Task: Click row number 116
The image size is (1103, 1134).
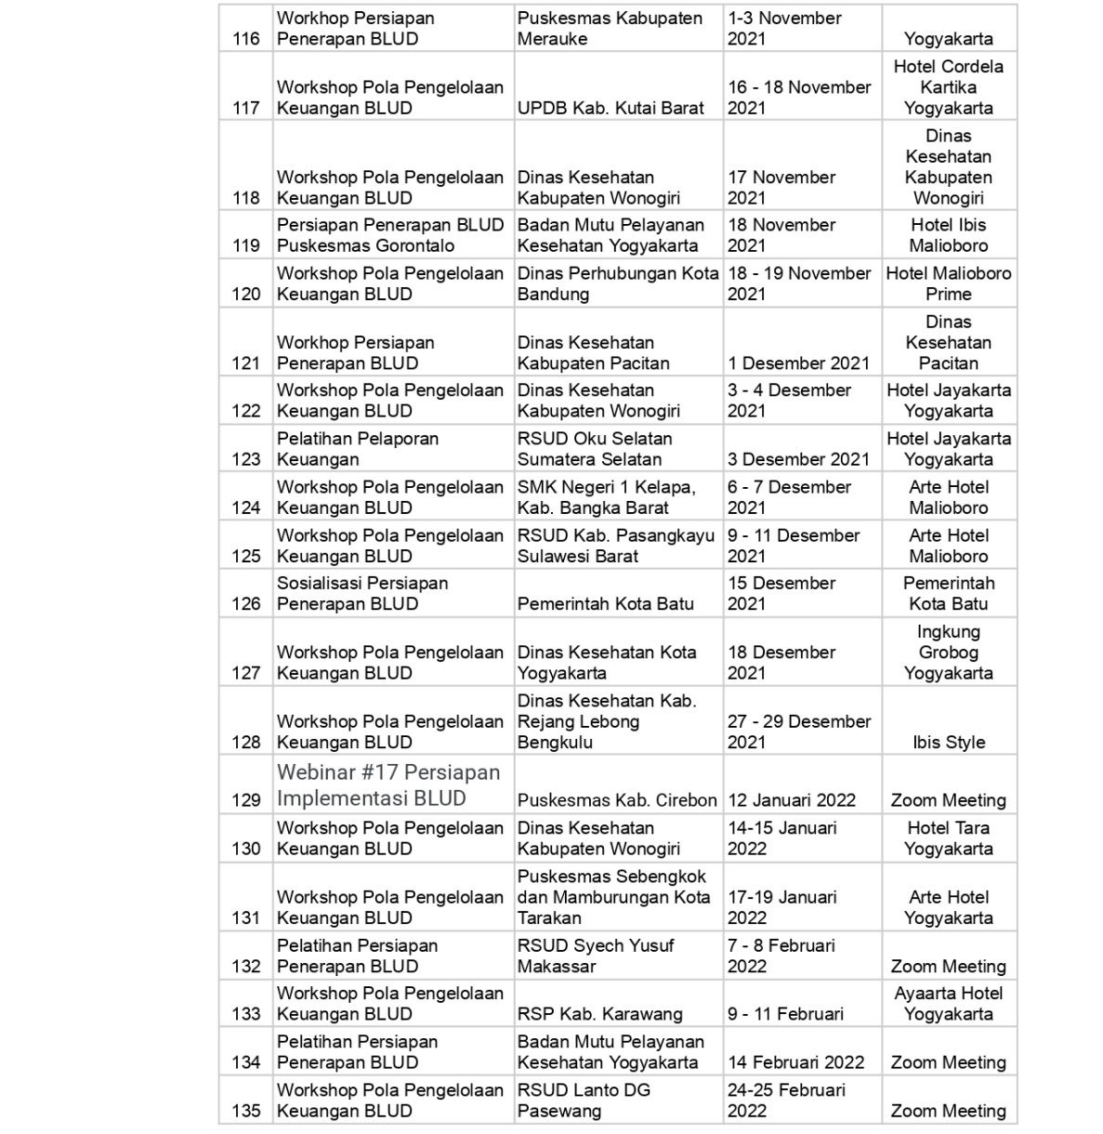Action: (x=245, y=39)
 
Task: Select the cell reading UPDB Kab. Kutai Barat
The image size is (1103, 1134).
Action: (x=611, y=108)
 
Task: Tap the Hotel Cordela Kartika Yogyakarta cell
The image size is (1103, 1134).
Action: (x=948, y=87)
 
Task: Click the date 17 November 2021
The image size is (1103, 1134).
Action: (x=781, y=187)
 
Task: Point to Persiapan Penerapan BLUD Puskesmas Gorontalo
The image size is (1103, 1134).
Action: (x=390, y=235)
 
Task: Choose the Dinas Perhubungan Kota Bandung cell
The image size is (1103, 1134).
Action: (x=618, y=283)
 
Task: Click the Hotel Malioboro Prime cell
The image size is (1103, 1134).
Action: (x=948, y=283)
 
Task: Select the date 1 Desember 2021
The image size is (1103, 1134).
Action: (x=798, y=363)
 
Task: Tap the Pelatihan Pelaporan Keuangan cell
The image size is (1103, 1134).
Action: (x=358, y=449)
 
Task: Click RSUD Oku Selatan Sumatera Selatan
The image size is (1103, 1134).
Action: (x=595, y=449)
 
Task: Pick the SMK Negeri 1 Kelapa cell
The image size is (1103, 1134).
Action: (x=606, y=497)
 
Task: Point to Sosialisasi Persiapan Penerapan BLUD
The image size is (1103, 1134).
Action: (x=362, y=593)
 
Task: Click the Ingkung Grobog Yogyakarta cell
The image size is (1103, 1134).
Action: (x=948, y=653)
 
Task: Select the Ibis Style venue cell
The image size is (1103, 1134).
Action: (x=948, y=742)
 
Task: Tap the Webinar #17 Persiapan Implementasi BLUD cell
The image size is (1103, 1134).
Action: (x=388, y=785)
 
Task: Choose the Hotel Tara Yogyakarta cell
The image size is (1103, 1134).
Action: (x=948, y=838)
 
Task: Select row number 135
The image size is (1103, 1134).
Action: (x=245, y=1111)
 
